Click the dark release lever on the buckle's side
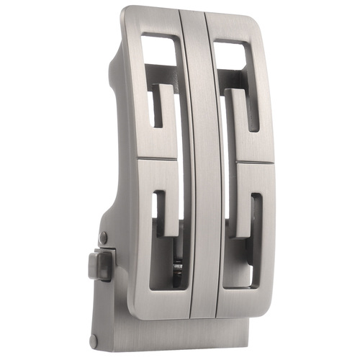[x=99, y=264]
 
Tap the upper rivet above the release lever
[x=103, y=237]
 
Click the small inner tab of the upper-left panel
[x=161, y=104]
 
